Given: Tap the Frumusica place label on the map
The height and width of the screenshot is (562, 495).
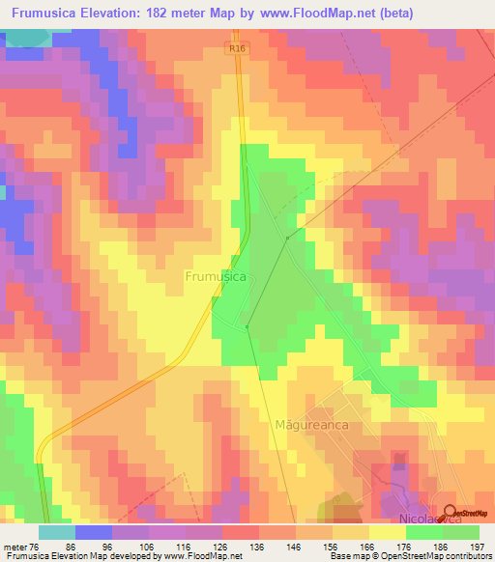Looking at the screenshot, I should (215, 276).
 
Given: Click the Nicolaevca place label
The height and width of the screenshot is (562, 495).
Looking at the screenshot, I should (410, 519).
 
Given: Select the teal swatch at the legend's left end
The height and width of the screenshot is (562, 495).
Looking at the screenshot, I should (57, 532).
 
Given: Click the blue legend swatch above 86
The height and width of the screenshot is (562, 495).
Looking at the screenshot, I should (94, 532).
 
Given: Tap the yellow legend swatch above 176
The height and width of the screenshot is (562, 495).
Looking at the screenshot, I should (388, 532).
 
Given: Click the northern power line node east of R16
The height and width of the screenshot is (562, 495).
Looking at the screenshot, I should (287, 237).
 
